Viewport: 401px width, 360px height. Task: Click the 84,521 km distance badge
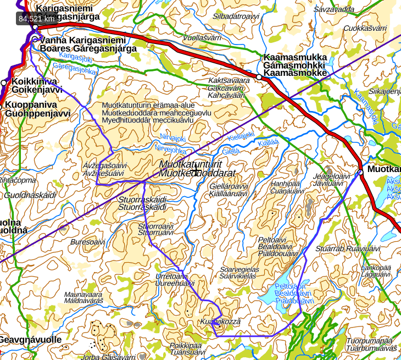[x=36, y=18]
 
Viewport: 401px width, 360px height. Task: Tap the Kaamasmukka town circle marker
[x=259, y=77]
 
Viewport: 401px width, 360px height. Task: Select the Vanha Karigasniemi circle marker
[x=36, y=40]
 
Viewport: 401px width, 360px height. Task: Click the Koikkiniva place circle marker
[x=4, y=82]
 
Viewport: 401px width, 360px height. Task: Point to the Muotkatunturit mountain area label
[x=190, y=164]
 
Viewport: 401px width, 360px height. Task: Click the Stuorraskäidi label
[x=142, y=200]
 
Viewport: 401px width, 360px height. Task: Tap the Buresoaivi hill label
[x=87, y=241]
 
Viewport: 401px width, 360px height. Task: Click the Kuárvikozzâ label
[x=221, y=321]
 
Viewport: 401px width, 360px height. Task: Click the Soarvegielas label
[x=239, y=269]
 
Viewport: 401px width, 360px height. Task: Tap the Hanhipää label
[x=287, y=184]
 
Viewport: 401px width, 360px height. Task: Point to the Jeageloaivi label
[x=331, y=176]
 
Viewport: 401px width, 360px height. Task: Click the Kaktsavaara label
[x=229, y=80]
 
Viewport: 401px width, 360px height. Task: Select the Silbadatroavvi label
[x=236, y=16]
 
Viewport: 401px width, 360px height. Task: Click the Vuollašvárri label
[x=202, y=37]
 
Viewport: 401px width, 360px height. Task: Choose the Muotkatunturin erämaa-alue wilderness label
[x=148, y=105]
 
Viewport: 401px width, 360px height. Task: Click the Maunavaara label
[x=83, y=294]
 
